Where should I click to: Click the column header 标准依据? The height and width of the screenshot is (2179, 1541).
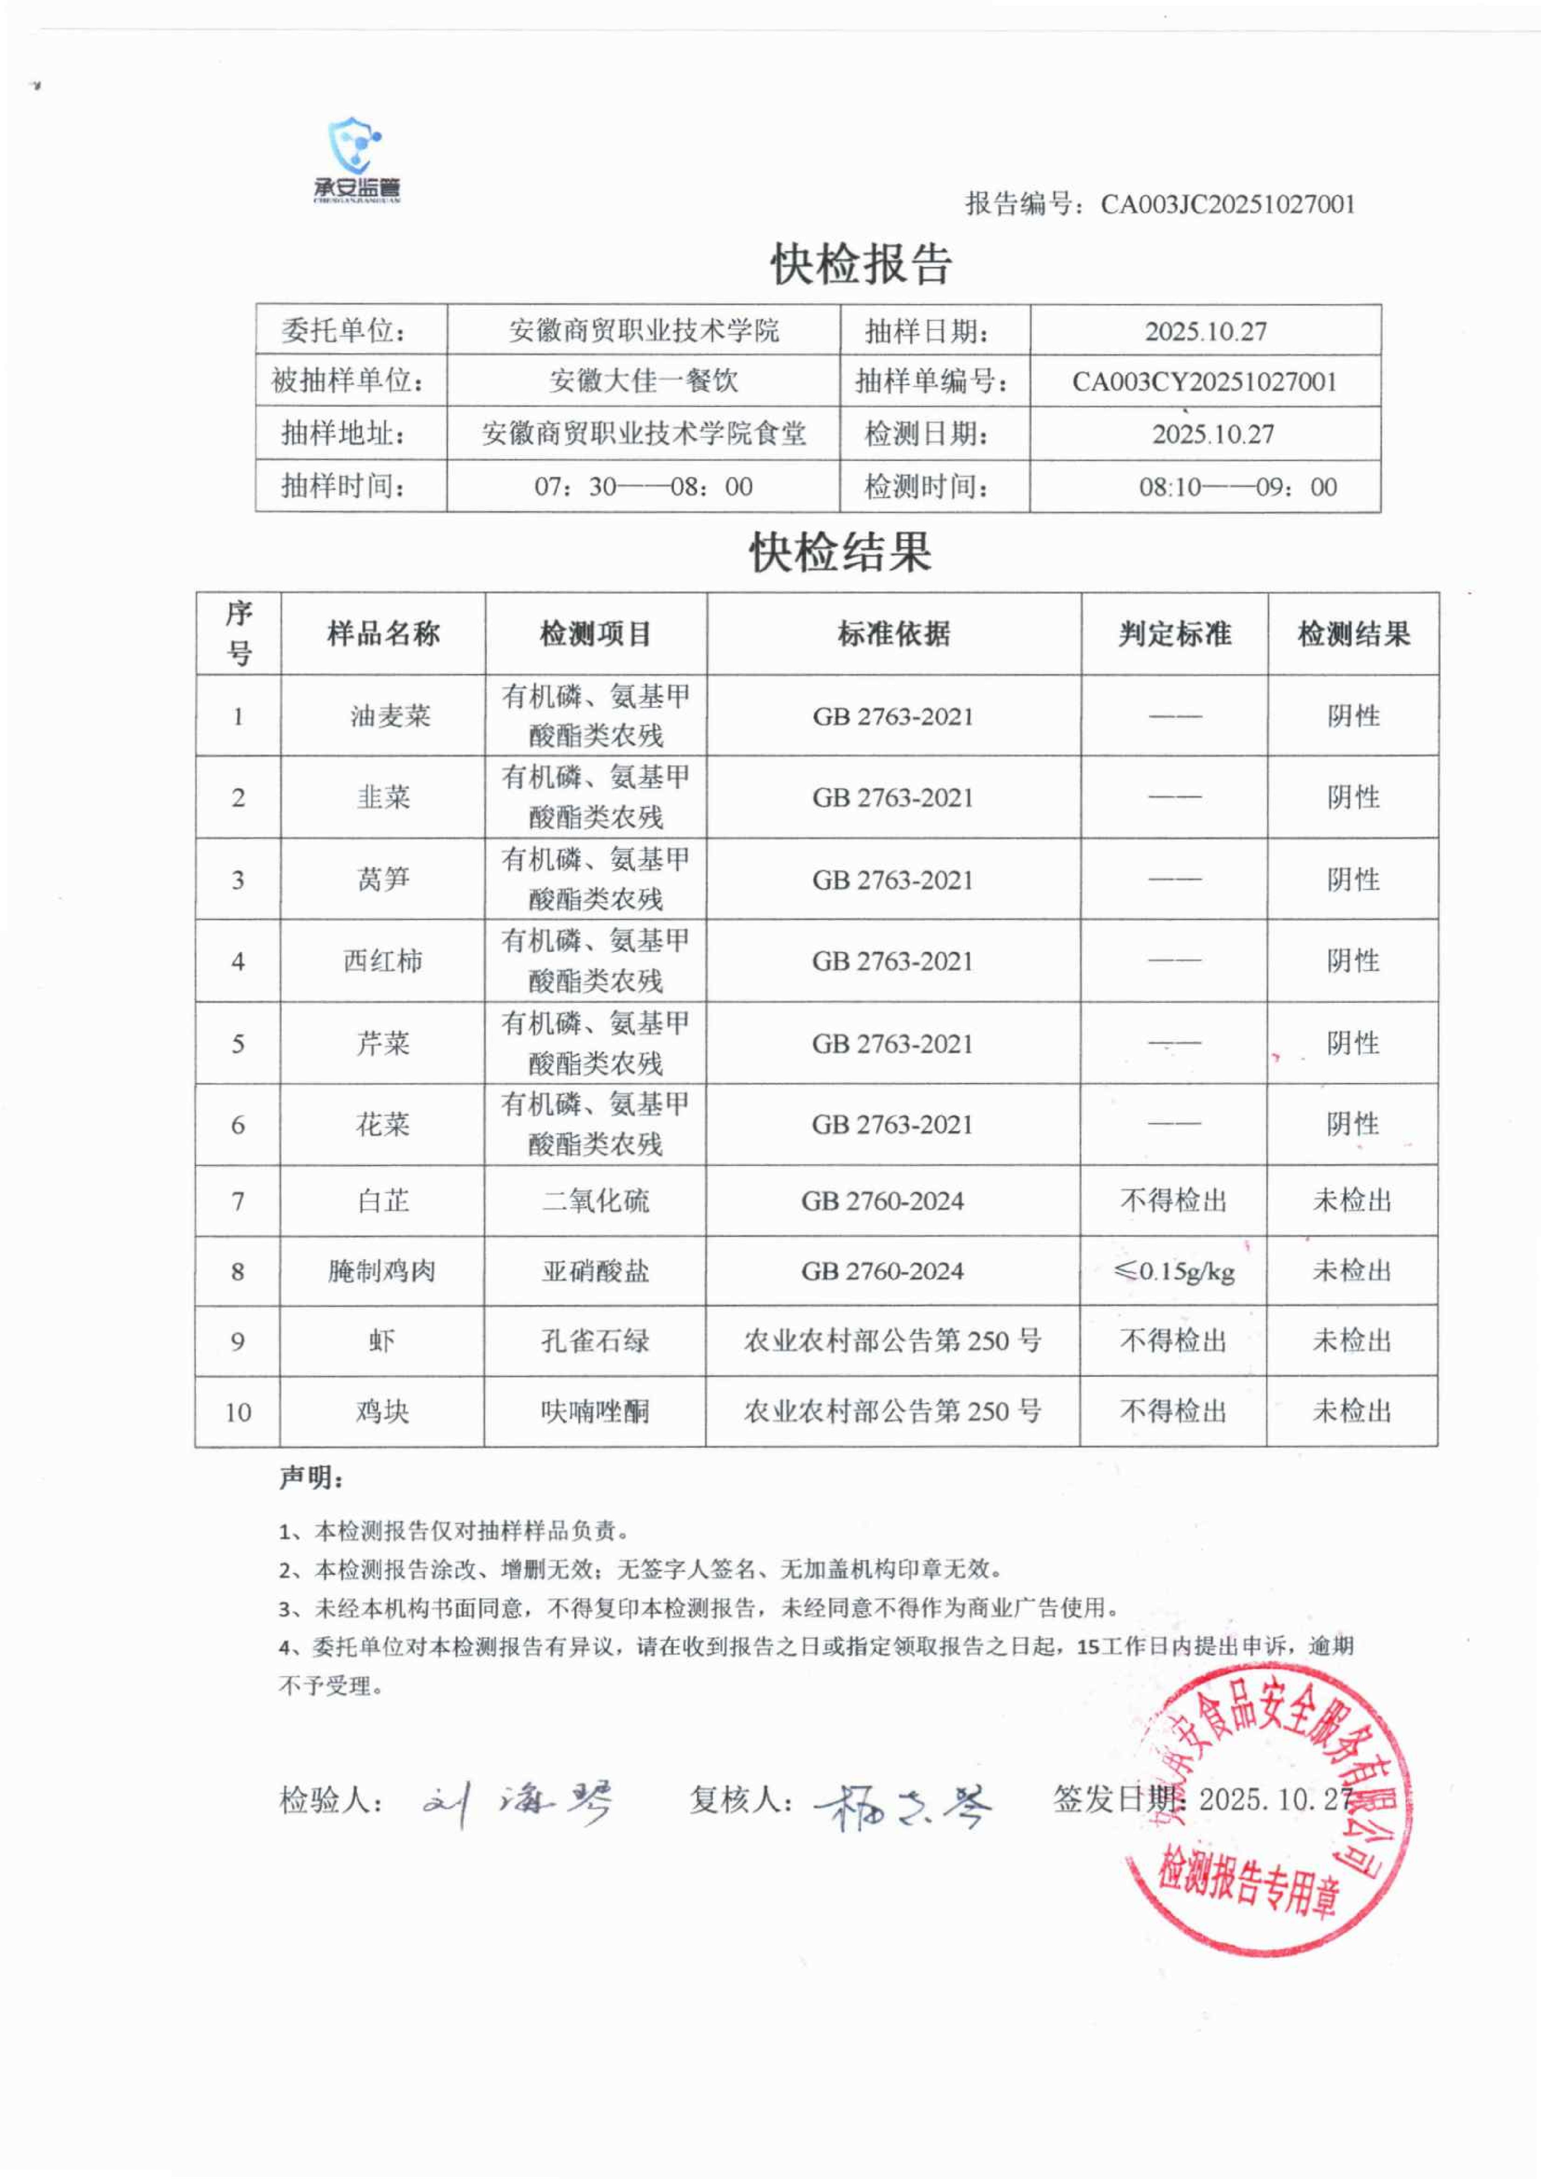(893, 634)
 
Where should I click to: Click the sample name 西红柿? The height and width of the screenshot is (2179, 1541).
(382, 961)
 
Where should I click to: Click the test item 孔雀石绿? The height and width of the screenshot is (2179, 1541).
(595, 1341)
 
